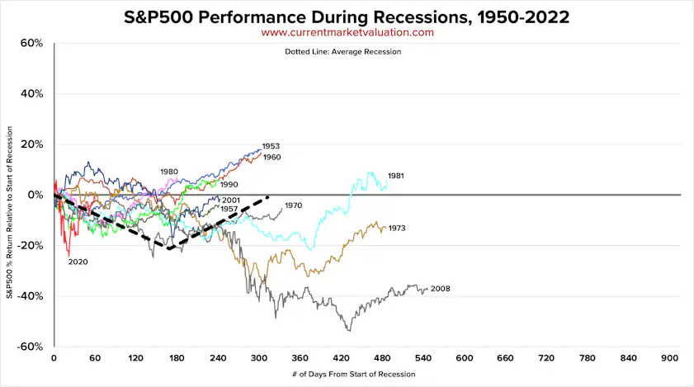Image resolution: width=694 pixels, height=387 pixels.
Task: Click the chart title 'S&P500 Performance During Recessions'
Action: coord(347,16)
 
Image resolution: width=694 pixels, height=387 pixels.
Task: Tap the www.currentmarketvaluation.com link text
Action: coord(347,32)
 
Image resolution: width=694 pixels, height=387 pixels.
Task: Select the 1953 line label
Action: coord(271,146)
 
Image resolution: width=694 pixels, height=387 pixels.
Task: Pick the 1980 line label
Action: coord(169,172)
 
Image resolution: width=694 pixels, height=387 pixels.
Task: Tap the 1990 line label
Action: coord(229,185)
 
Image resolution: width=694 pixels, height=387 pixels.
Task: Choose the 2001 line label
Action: coord(231,200)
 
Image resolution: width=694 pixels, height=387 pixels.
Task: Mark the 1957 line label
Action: coord(230,210)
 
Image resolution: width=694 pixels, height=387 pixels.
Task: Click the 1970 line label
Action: coord(294,205)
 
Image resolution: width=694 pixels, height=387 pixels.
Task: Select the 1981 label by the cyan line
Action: coord(395,176)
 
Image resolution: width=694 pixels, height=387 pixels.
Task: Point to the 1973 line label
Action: coord(397,229)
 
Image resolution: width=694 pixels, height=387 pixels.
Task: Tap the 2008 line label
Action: coord(441,289)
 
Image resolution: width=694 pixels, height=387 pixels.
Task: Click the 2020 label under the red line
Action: coord(78,262)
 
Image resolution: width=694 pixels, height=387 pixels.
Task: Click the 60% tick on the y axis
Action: coord(31,43)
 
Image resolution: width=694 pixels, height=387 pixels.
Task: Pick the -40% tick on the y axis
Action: coord(29,296)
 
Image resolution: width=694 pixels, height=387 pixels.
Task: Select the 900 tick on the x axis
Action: coord(670,358)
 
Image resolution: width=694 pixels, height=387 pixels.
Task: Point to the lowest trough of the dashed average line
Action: coord(168,248)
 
